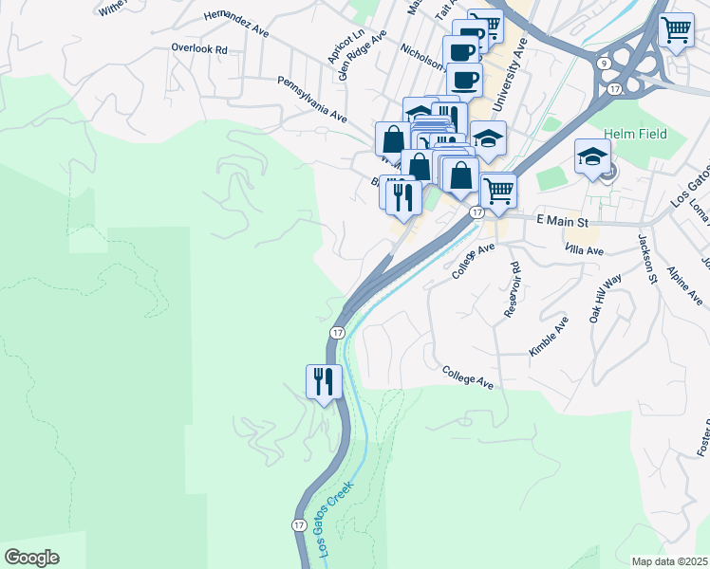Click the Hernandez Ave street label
235,24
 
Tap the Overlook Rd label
199,48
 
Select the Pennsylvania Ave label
311,101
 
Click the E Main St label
563,220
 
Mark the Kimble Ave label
549,338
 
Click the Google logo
31,558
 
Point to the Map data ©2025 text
669,561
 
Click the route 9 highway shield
605,62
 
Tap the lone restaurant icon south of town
323,381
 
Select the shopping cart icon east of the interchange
676,30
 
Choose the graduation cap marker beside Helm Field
591,156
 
